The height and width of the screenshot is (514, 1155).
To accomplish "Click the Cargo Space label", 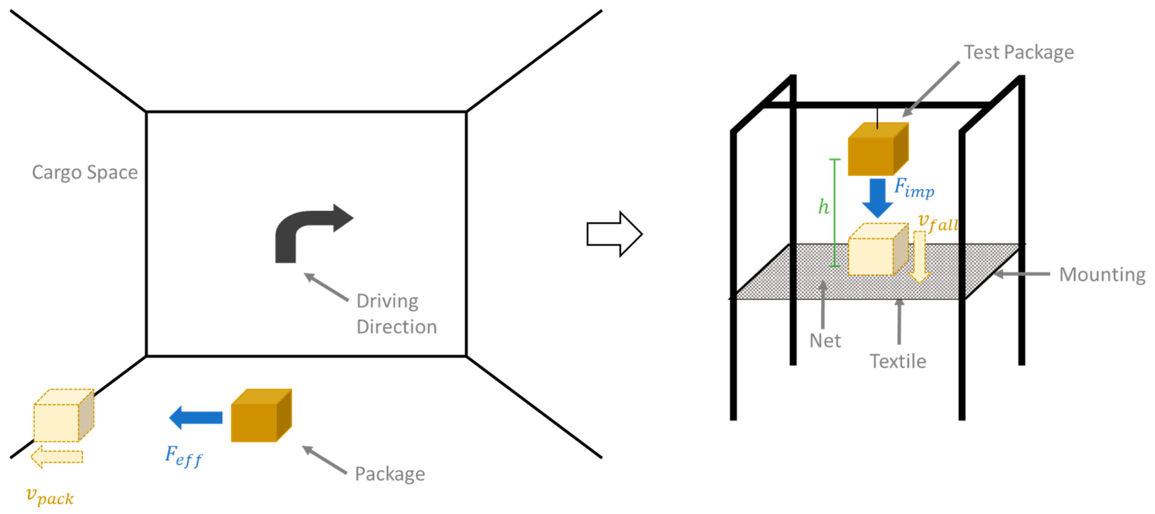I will tap(85, 173).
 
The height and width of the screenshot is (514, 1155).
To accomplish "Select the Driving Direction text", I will tap(396, 314).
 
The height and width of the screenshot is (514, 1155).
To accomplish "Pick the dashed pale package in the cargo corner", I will tap(63, 416).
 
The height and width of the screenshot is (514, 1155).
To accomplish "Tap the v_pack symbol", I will tap(50, 496).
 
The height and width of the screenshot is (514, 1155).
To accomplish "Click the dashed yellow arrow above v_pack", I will tap(56, 456).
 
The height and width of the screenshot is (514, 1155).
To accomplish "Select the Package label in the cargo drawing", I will tap(390, 474).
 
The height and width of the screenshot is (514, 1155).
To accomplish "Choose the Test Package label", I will tap(1019, 53).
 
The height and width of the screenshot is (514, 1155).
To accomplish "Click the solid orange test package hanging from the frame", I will tap(877, 150).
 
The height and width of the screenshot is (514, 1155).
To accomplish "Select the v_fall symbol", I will tap(937, 222).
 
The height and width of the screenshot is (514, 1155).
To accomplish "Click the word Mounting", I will tap(1102, 274).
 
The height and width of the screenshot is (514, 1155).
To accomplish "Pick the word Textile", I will tap(897, 361).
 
